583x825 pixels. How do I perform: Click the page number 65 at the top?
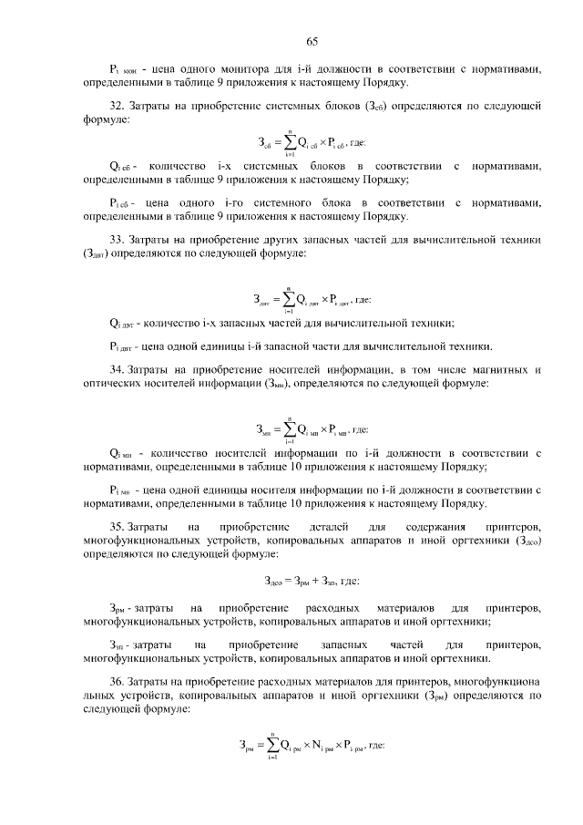coord(311,41)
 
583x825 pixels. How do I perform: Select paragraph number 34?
coord(116,370)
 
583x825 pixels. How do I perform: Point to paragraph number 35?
coord(116,527)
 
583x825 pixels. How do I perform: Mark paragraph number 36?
coord(116,680)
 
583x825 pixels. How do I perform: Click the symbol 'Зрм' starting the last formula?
coord(247,748)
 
